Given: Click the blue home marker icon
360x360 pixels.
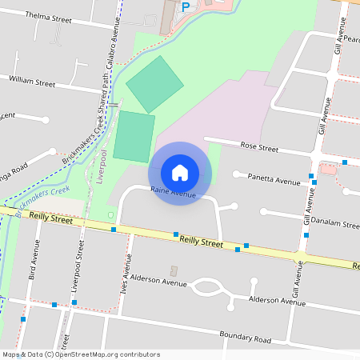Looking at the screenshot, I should [180, 172].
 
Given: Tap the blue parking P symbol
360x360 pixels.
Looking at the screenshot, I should [186, 7].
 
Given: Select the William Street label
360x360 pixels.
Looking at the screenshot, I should [32, 82].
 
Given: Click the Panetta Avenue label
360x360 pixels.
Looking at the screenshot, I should [274, 179].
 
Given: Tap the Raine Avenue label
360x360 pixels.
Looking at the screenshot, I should [174, 192].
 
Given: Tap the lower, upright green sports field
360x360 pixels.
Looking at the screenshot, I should [134, 137].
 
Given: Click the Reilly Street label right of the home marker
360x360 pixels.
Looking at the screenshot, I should [201, 240].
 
